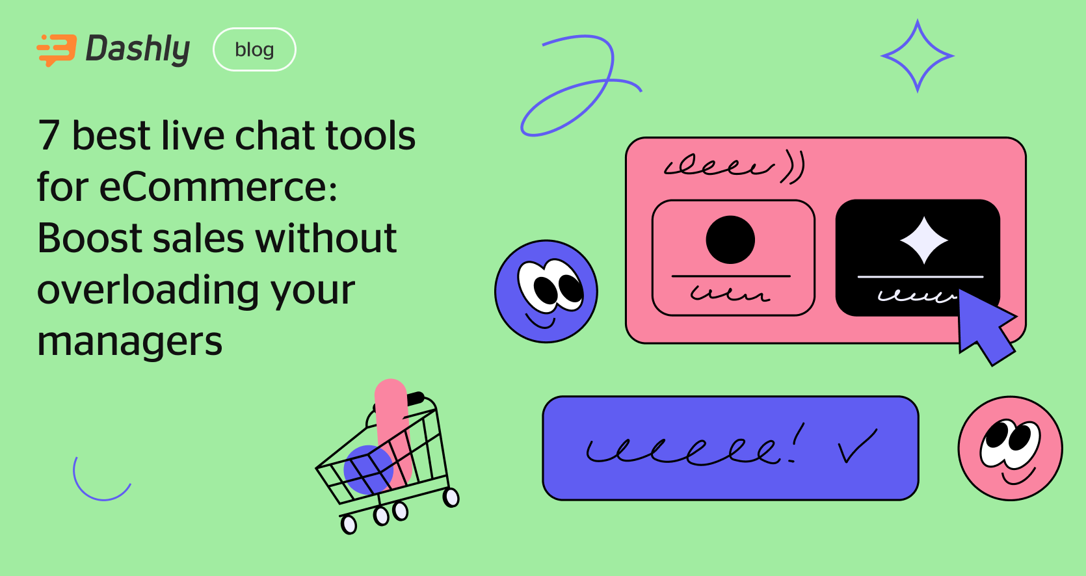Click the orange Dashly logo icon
click(57, 50)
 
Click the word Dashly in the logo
click(138, 49)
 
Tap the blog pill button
click(254, 49)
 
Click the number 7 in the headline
click(49, 136)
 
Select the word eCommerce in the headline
click(218, 187)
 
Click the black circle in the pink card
click(730, 239)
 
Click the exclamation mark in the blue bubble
click(797, 441)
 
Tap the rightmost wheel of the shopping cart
click(451, 498)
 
